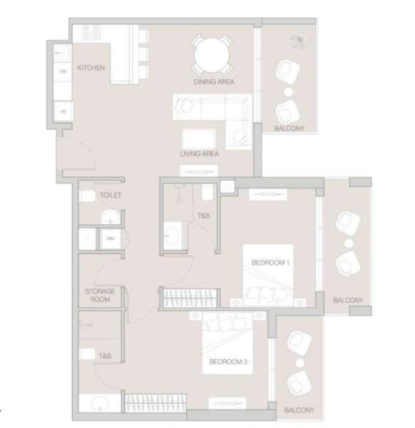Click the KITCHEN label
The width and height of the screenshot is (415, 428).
click(x=92, y=68)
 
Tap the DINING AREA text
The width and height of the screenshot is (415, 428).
click(x=214, y=82)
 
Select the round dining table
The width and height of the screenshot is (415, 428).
click(x=212, y=52)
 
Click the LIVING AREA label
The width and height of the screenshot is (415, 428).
click(x=199, y=153)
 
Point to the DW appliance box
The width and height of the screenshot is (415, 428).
click(x=63, y=71)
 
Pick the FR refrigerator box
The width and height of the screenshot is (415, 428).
click(x=63, y=112)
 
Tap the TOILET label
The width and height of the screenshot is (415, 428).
click(x=111, y=195)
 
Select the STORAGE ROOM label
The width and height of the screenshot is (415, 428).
click(x=100, y=295)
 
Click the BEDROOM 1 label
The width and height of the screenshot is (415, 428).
click(x=270, y=263)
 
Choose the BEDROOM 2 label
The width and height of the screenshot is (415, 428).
click(x=227, y=362)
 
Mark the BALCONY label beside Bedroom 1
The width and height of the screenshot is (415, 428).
click(x=348, y=300)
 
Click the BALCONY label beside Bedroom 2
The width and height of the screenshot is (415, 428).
click(x=299, y=410)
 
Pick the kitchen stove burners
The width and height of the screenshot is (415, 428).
click(x=91, y=32)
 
